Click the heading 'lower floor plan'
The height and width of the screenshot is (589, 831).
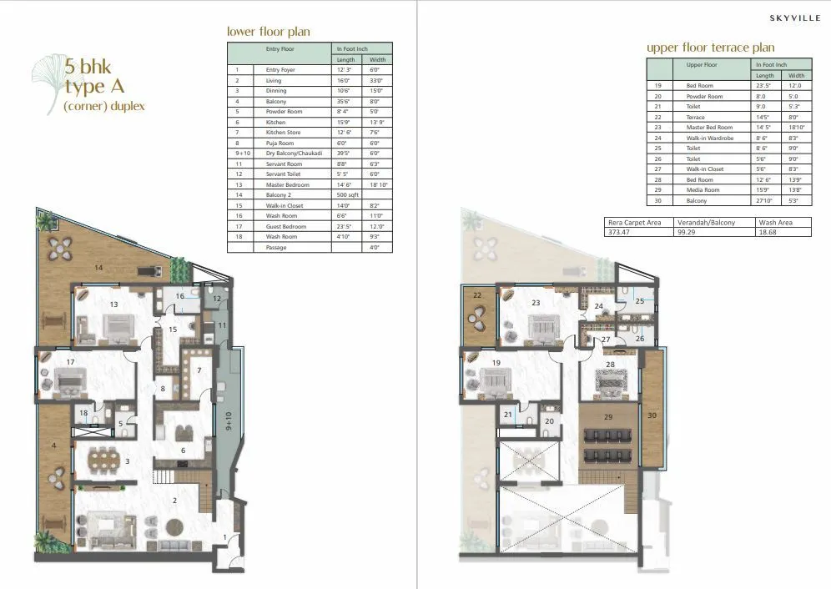click(x=269, y=32)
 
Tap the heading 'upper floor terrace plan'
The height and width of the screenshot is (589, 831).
click(x=710, y=48)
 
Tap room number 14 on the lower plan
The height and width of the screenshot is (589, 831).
click(x=98, y=268)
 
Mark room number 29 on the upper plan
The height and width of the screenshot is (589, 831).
click(x=607, y=416)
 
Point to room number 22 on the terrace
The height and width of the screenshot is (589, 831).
click(x=477, y=294)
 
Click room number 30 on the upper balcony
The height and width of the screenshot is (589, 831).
click(x=652, y=415)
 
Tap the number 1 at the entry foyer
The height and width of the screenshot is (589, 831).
click(x=224, y=537)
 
